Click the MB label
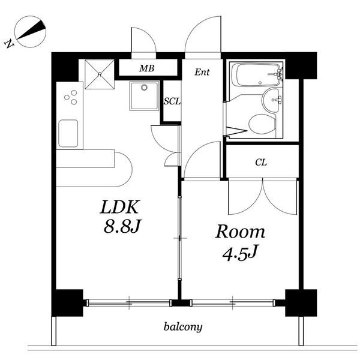tap(147, 68)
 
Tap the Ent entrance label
tap(202, 73)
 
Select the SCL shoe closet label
tap(172, 101)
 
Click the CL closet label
tap(261, 163)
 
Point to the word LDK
tap(120, 207)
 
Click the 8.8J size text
tap(122, 226)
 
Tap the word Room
tap(240, 232)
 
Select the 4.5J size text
tap(239, 253)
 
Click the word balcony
tap(183, 327)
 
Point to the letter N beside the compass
tap(9, 44)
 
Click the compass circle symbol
tap(30, 32)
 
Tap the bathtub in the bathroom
tap(257, 75)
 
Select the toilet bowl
tap(262, 124)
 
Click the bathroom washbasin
tap(272, 100)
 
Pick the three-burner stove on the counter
tap(71, 97)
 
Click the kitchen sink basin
tap(68, 133)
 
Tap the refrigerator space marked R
tap(100, 74)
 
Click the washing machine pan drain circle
tap(144, 88)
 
